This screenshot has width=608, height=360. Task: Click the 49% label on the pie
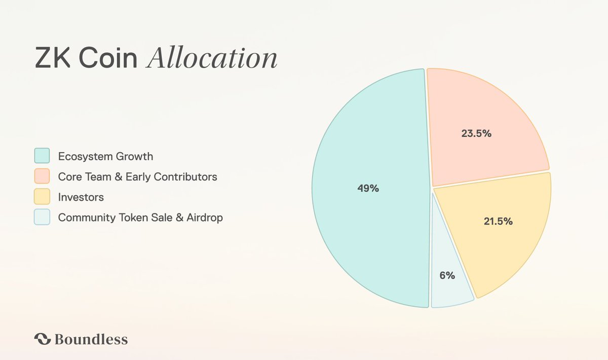tap(368, 188)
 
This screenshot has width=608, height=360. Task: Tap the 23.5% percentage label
tap(476, 134)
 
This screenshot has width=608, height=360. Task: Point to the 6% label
tap(447, 276)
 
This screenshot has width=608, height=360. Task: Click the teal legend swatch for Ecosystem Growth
tap(42, 156)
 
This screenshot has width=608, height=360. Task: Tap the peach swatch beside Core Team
tap(42, 176)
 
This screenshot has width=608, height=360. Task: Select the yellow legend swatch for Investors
tap(42, 197)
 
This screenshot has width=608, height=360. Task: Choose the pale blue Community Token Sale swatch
tap(42, 217)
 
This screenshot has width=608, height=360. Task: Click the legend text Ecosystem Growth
tap(105, 156)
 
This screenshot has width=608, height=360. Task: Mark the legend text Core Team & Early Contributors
tap(137, 176)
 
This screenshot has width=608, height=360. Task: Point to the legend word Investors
tap(81, 197)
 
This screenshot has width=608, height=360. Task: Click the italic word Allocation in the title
tap(212, 59)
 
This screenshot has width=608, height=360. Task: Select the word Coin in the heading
tap(105, 59)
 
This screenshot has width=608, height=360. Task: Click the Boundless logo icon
tap(42, 339)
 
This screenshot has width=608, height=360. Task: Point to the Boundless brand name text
tap(91, 339)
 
